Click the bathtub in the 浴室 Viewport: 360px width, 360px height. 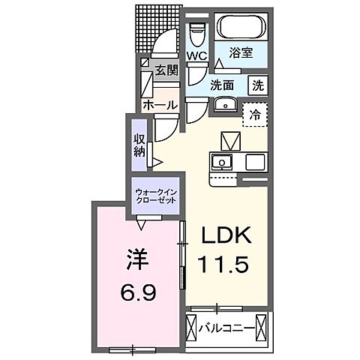pos(241,29)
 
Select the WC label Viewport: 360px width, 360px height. pos(197,56)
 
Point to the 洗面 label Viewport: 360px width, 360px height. pos(223,85)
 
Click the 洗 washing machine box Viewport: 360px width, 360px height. pos(257,85)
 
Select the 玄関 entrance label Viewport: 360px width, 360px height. pos(166,70)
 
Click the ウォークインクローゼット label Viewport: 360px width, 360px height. pos(157,197)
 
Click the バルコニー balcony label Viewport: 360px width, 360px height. pos(225,327)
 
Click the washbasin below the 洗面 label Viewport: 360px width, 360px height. pos(223,104)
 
